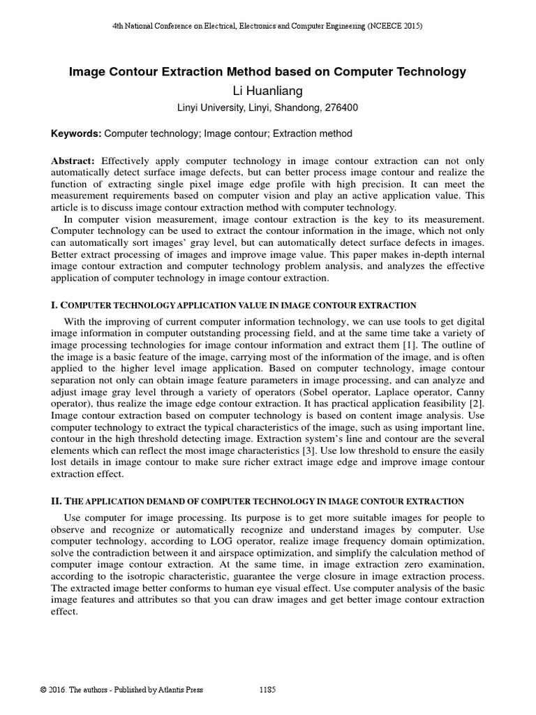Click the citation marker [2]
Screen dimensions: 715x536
[475, 403]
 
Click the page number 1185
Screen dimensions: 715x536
[267, 690]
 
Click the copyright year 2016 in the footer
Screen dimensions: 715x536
[61, 690]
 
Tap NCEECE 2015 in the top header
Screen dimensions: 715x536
[396, 26]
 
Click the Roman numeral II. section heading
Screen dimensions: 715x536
[58, 501]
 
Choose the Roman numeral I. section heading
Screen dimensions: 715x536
[56, 305]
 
